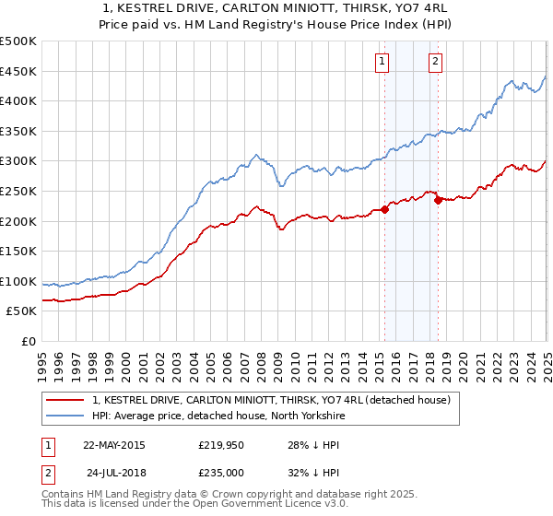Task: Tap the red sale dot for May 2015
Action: [x=385, y=209]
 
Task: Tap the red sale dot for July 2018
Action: [x=438, y=200]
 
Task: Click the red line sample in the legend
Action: [x=66, y=400]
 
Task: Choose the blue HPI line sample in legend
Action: [x=66, y=416]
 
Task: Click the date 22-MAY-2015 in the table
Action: [x=113, y=445]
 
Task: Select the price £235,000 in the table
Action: [x=221, y=473]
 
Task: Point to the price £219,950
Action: [x=221, y=445]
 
